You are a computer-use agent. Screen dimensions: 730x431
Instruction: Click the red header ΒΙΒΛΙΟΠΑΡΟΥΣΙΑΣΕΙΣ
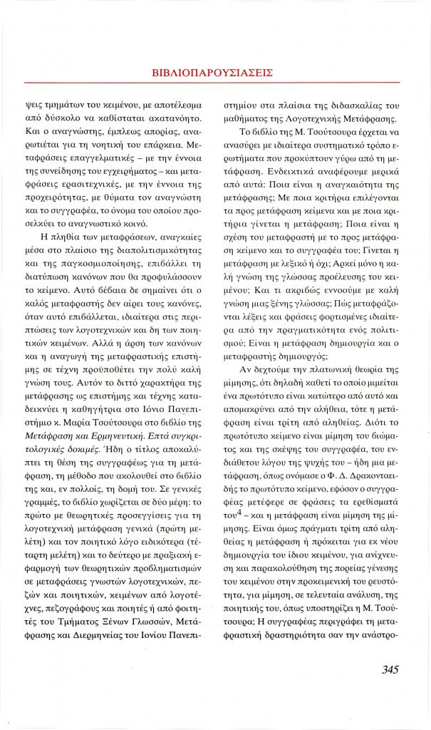pos(214,72)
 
